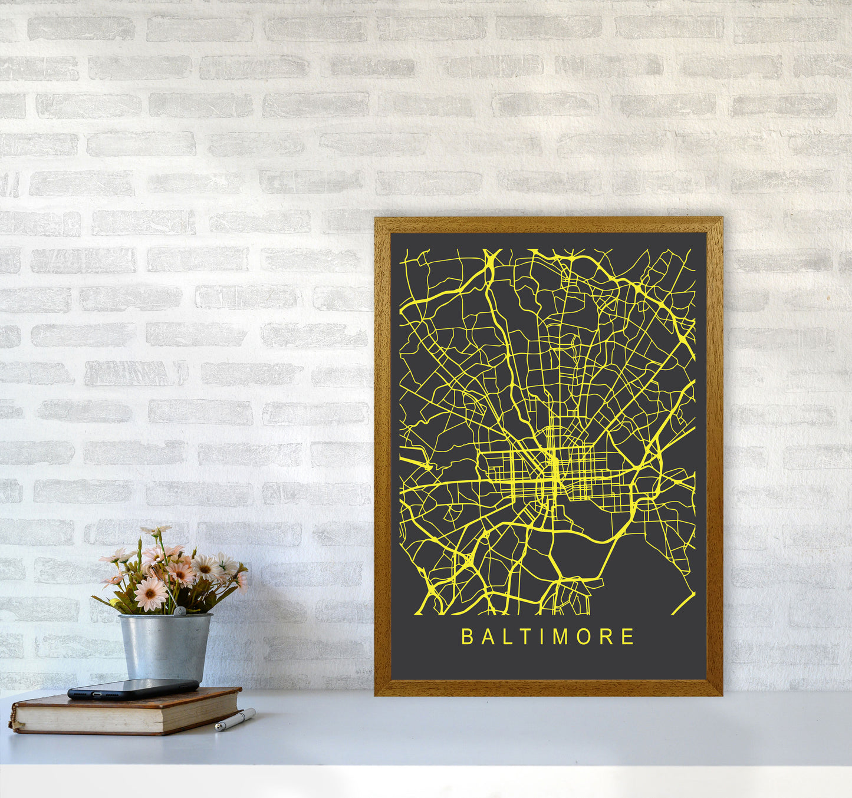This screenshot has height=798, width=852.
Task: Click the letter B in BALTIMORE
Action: coord(466,637)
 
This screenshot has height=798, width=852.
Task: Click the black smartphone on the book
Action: coord(133,688)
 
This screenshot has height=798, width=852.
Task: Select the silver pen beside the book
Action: coord(235,720)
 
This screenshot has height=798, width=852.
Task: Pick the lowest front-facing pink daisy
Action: coord(150,593)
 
